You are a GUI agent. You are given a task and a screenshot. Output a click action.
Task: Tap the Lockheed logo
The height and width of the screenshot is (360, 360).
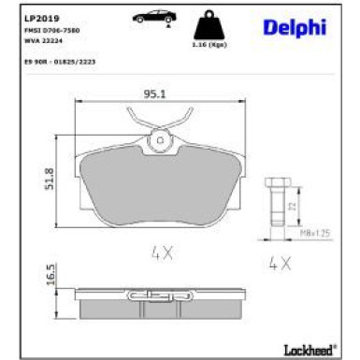pyautogui.click(x=308, y=349)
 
